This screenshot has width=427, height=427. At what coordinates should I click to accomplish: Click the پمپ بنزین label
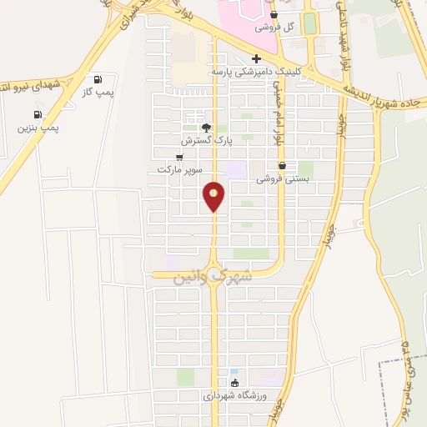(x=38, y=128)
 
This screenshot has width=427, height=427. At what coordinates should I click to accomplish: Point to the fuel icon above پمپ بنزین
(x=38, y=115)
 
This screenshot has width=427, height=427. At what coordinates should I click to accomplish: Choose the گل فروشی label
(x=274, y=27)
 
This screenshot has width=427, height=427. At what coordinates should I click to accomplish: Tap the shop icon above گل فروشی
(x=274, y=14)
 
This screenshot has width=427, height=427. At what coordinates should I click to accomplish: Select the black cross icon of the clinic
(x=256, y=58)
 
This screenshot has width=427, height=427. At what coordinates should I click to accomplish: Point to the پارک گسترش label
(x=208, y=142)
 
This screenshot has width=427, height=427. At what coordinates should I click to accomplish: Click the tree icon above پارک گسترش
(x=207, y=128)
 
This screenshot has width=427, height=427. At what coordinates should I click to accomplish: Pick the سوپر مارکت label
(x=180, y=169)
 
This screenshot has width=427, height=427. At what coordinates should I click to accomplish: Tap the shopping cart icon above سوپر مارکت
(x=179, y=157)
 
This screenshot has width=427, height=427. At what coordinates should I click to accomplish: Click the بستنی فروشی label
(x=283, y=178)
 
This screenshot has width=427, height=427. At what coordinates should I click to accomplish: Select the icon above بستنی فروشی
(x=283, y=165)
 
